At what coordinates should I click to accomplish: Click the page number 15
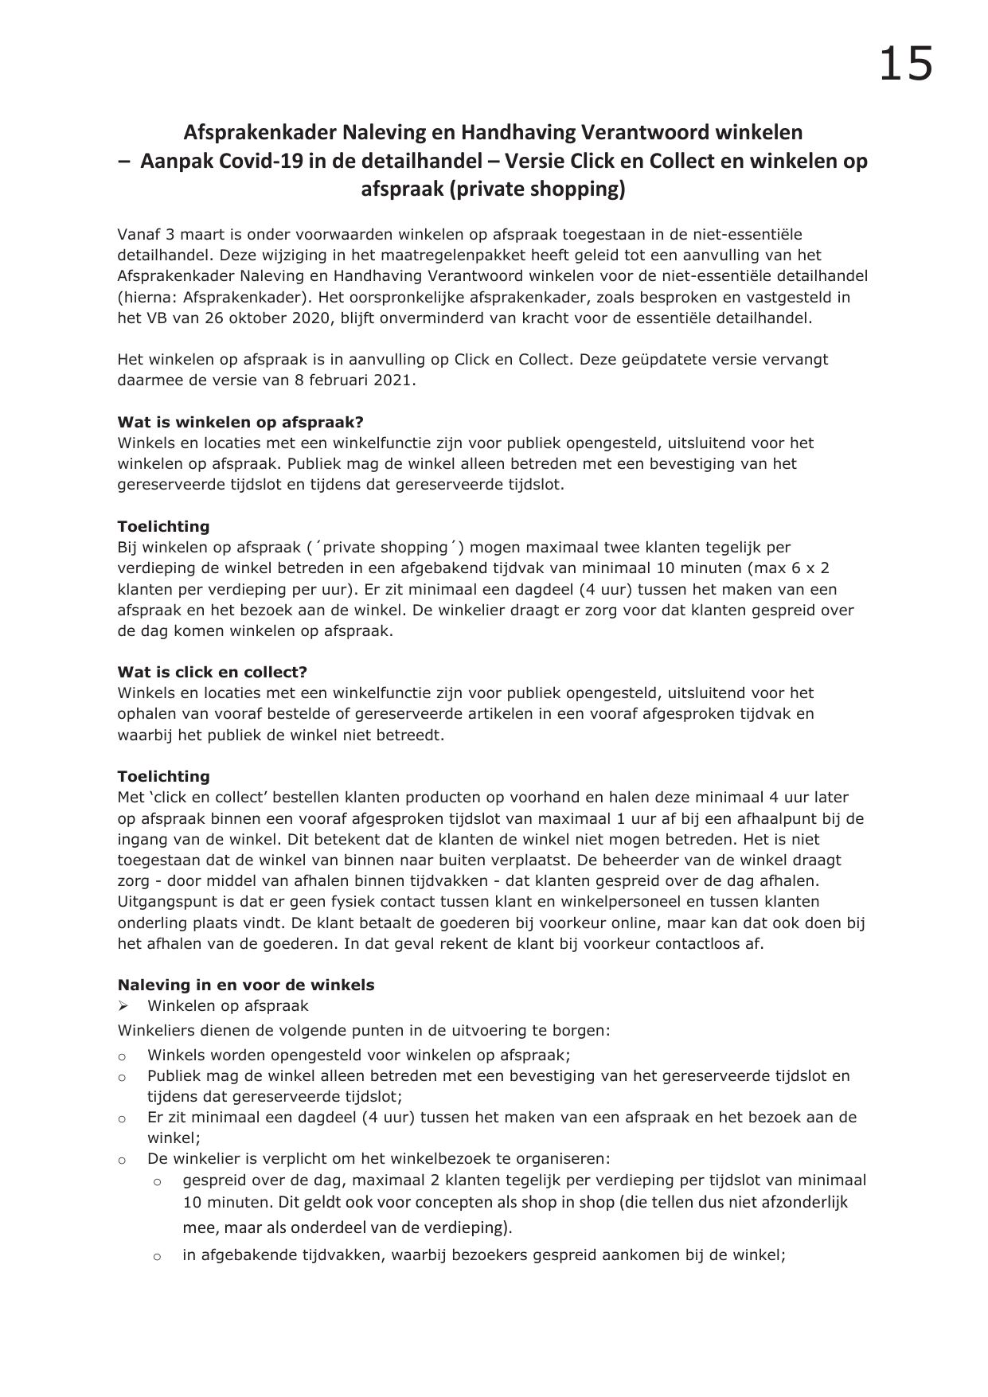905,64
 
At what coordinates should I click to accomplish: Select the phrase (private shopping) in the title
494,190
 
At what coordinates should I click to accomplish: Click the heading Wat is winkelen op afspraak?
240,422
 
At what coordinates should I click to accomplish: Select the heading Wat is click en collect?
213,672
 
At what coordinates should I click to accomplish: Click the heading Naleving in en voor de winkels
246,985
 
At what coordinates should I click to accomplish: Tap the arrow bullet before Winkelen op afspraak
123,1006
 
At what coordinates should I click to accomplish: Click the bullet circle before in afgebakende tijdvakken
157,1257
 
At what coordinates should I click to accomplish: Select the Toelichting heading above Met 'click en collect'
164,776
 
